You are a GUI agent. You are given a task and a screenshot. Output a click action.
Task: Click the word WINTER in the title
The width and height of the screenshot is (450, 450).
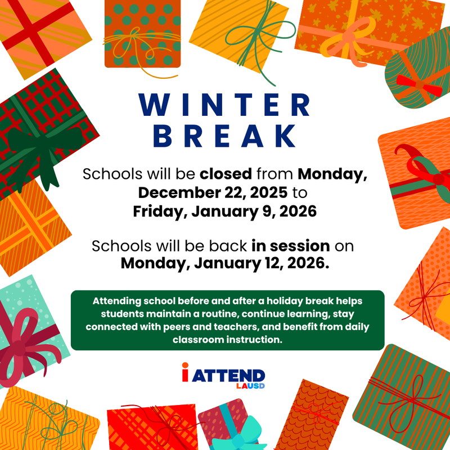225,105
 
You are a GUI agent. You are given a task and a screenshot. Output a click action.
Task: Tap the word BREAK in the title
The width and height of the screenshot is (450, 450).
225,136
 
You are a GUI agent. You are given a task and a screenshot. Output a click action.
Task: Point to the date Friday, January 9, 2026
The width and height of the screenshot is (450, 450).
225,212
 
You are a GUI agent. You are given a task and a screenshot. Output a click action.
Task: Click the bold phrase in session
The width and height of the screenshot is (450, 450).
290,246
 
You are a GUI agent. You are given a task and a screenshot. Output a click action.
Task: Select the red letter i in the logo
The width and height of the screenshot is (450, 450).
185,373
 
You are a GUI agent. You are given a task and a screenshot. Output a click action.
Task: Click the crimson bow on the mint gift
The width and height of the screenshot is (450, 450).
22,337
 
